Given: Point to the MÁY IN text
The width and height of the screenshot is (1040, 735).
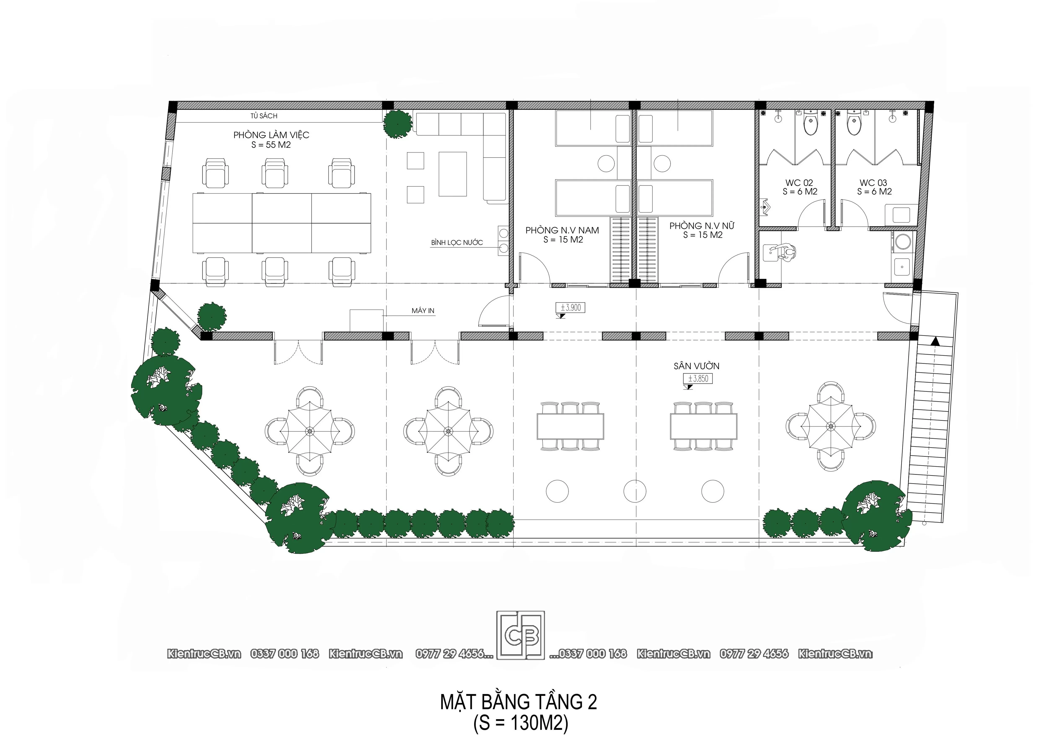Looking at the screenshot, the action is point(423,311).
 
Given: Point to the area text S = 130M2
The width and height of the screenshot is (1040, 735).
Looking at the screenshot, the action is point(521,723).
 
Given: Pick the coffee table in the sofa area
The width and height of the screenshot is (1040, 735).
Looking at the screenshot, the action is point(452,174).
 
